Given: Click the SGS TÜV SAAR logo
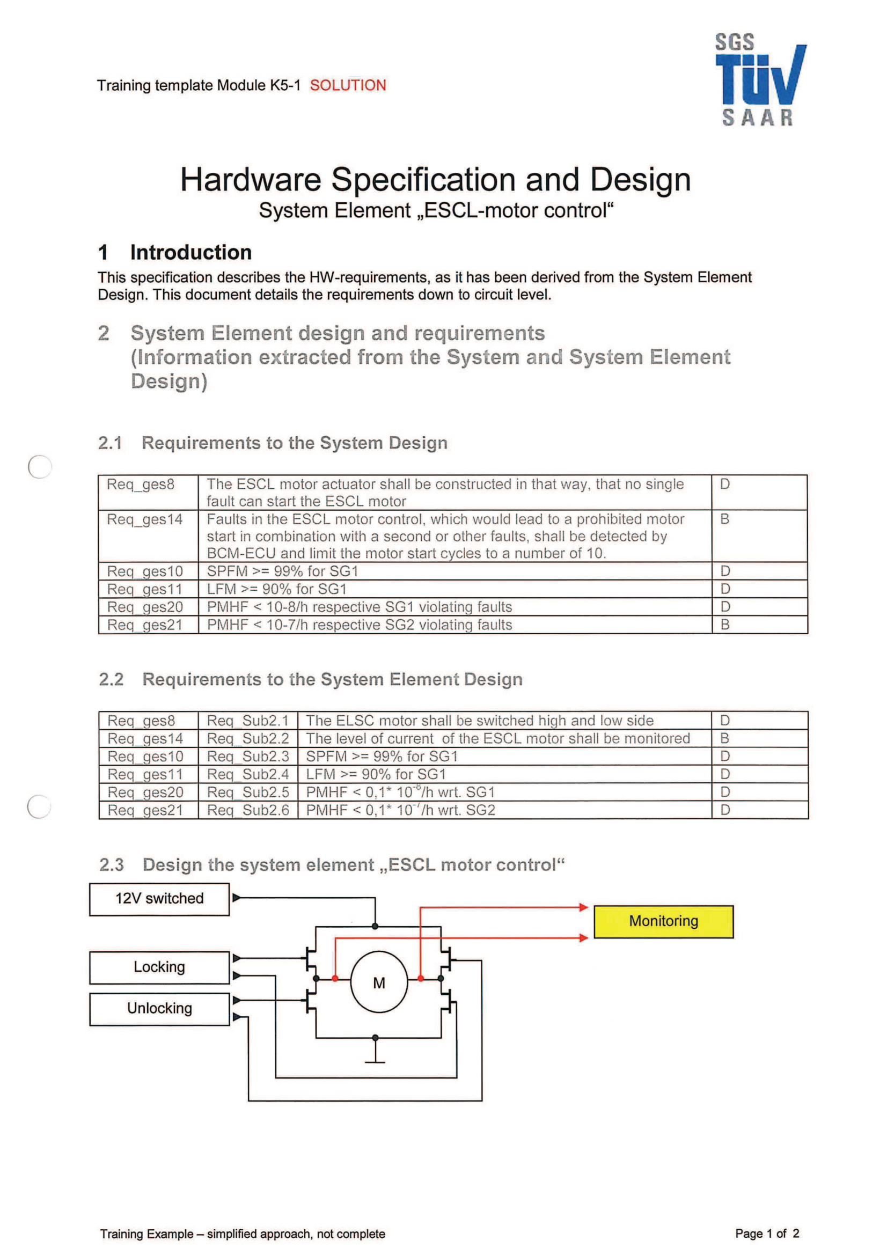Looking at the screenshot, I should click(760, 80).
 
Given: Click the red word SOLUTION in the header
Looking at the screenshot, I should click(348, 85).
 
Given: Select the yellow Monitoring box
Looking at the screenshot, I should click(663, 921).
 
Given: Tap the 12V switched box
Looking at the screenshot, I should click(159, 899).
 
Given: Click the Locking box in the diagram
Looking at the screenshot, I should click(159, 967).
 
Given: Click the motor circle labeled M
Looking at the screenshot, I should click(379, 983).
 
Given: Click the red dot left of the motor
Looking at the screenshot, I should click(335, 979).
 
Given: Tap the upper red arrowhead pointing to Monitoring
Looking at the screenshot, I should click(583, 907).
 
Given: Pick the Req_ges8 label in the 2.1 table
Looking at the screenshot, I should click(141, 485).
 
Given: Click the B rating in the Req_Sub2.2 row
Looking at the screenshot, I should click(725, 738).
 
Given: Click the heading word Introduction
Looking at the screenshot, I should click(190, 253).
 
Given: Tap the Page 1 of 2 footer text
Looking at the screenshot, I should click(767, 1234).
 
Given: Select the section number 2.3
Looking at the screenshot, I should click(112, 865).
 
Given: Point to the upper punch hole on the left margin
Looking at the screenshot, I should click(40, 467).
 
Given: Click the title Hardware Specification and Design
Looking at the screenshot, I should click(436, 179).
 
